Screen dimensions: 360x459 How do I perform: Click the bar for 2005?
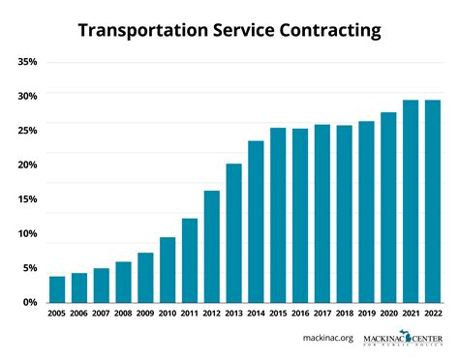[x=57, y=289]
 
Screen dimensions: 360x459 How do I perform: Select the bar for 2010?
[x=168, y=270]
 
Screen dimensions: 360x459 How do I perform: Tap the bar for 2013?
[x=233, y=233]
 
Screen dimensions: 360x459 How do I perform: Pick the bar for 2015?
[x=278, y=215]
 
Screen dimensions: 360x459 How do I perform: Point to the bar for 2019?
[x=366, y=212]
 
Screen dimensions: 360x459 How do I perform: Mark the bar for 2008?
[x=123, y=282]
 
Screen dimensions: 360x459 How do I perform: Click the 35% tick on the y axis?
[x=27, y=61]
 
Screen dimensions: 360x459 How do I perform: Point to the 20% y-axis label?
[x=27, y=165]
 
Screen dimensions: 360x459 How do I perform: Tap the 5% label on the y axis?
[x=30, y=268]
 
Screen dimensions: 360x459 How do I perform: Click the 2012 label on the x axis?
[x=211, y=313]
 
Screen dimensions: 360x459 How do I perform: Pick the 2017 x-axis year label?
[x=321, y=313]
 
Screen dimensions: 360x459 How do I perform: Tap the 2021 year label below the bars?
[x=410, y=313]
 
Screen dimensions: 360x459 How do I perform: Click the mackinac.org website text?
[x=327, y=340]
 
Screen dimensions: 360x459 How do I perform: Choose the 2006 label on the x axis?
[x=79, y=313]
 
